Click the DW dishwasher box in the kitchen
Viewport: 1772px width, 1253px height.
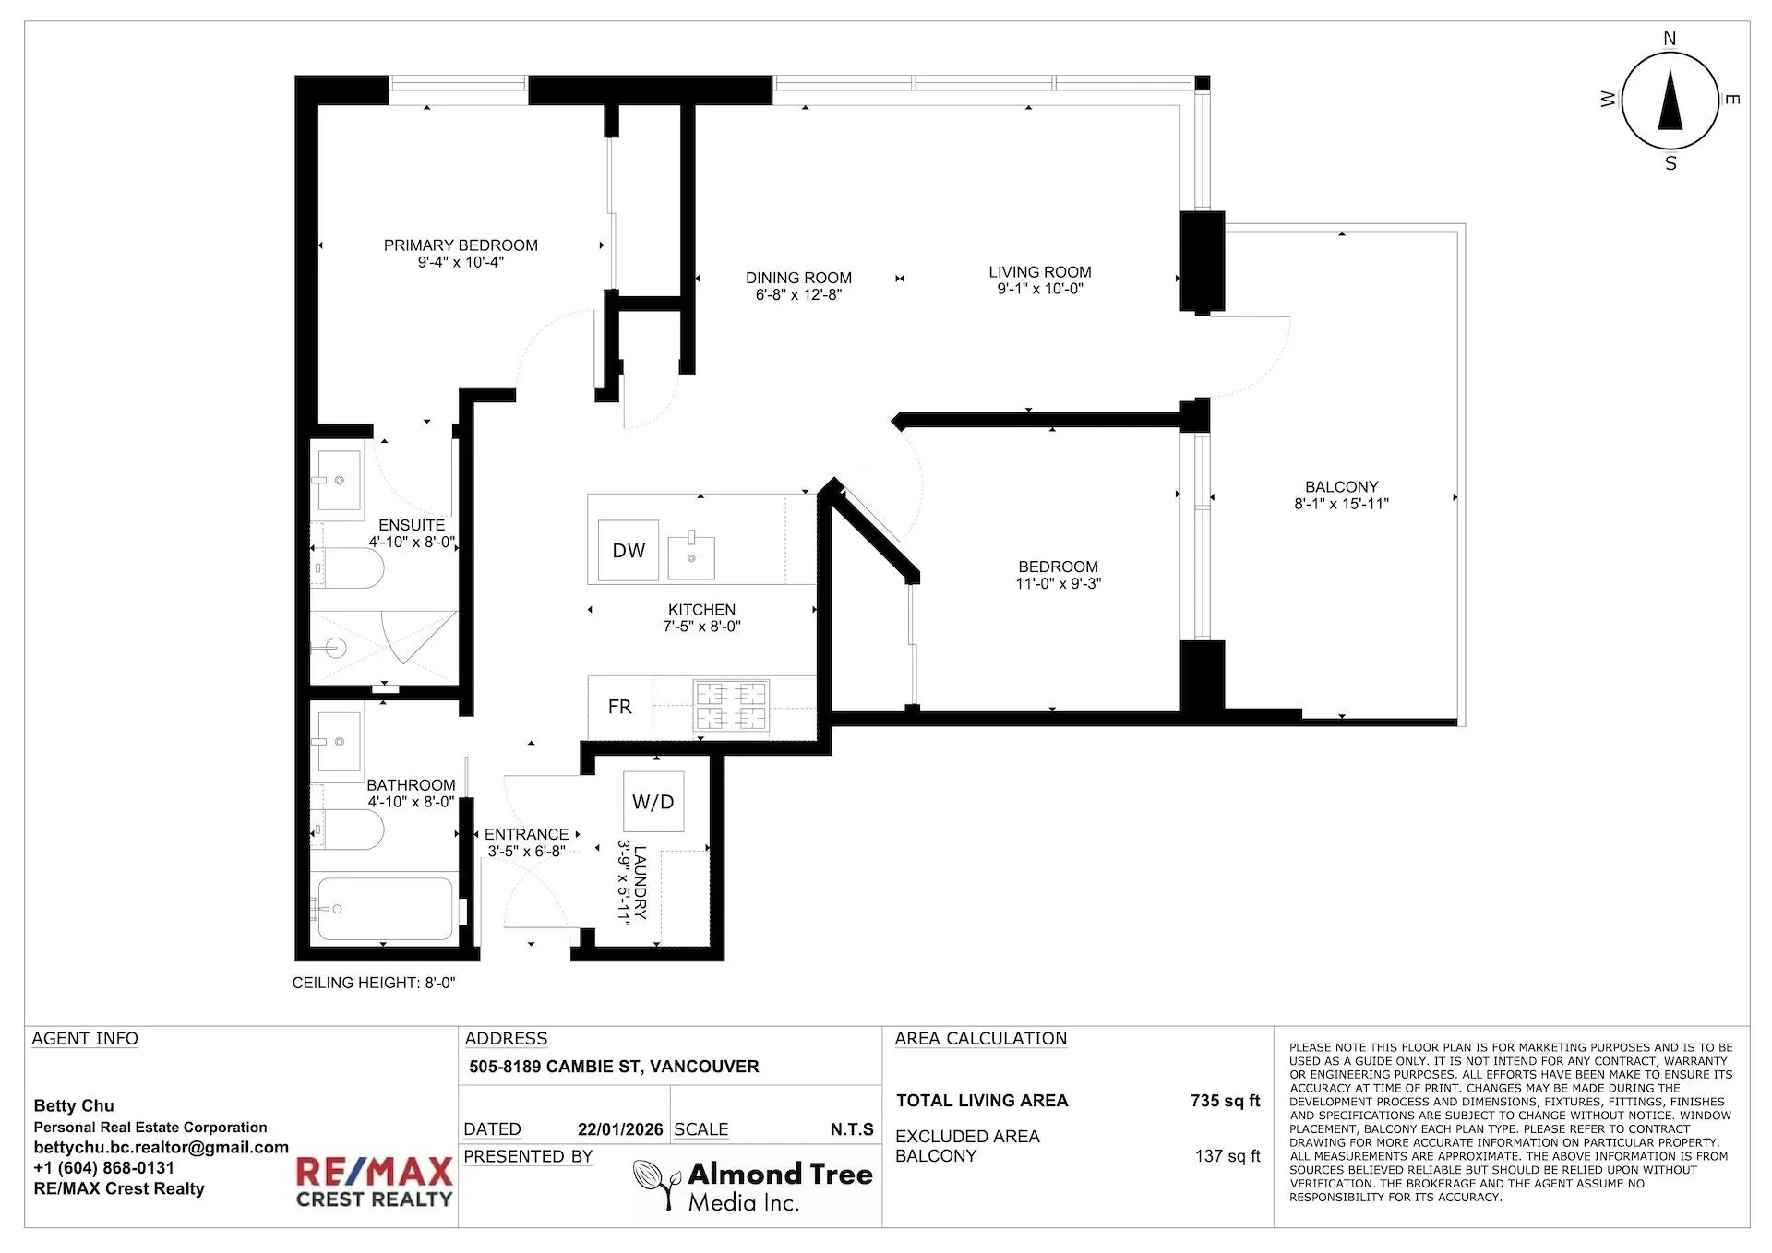coord(629,551)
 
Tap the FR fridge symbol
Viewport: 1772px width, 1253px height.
coord(620,707)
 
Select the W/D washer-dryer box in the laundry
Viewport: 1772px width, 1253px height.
coord(653,802)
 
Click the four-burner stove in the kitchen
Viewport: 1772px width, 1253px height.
coord(731,706)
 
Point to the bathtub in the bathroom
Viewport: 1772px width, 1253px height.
coord(385,909)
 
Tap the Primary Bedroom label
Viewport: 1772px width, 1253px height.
coord(461,245)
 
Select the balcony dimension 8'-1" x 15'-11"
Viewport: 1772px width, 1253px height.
coord(1341,504)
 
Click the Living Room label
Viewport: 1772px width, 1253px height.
coord(1039,272)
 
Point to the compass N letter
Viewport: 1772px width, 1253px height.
coord(1670,39)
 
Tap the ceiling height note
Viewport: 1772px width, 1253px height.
coord(374,983)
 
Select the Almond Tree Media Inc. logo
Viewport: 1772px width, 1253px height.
coord(754,1186)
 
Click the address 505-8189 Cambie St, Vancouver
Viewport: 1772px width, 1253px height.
coord(614,1067)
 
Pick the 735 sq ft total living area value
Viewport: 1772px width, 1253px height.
coord(1225,1101)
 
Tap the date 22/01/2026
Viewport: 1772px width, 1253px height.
coord(620,1129)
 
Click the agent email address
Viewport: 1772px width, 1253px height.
coord(161,1147)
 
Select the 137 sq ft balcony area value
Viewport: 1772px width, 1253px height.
coord(1227,1156)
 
